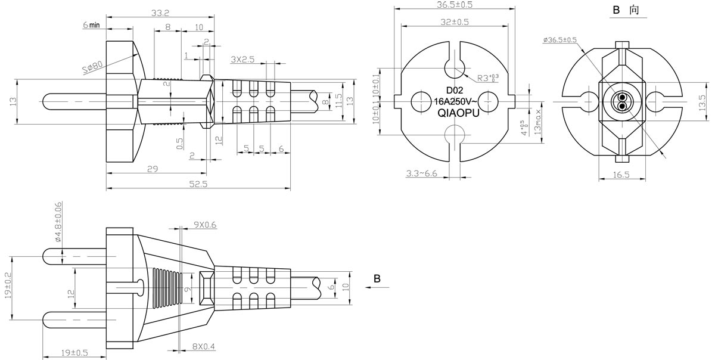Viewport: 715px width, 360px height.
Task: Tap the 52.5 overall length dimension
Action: tap(198, 184)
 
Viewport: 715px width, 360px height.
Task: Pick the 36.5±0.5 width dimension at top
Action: tap(455, 5)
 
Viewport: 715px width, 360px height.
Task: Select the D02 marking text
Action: tap(455, 90)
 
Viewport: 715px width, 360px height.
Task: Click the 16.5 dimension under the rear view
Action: tap(620, 175)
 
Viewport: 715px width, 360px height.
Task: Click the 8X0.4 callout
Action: tap(204, 346)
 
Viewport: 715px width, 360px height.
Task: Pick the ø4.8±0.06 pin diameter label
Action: tap(58, 222)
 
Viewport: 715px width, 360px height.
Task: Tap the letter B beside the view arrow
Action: tap(377, 278)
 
